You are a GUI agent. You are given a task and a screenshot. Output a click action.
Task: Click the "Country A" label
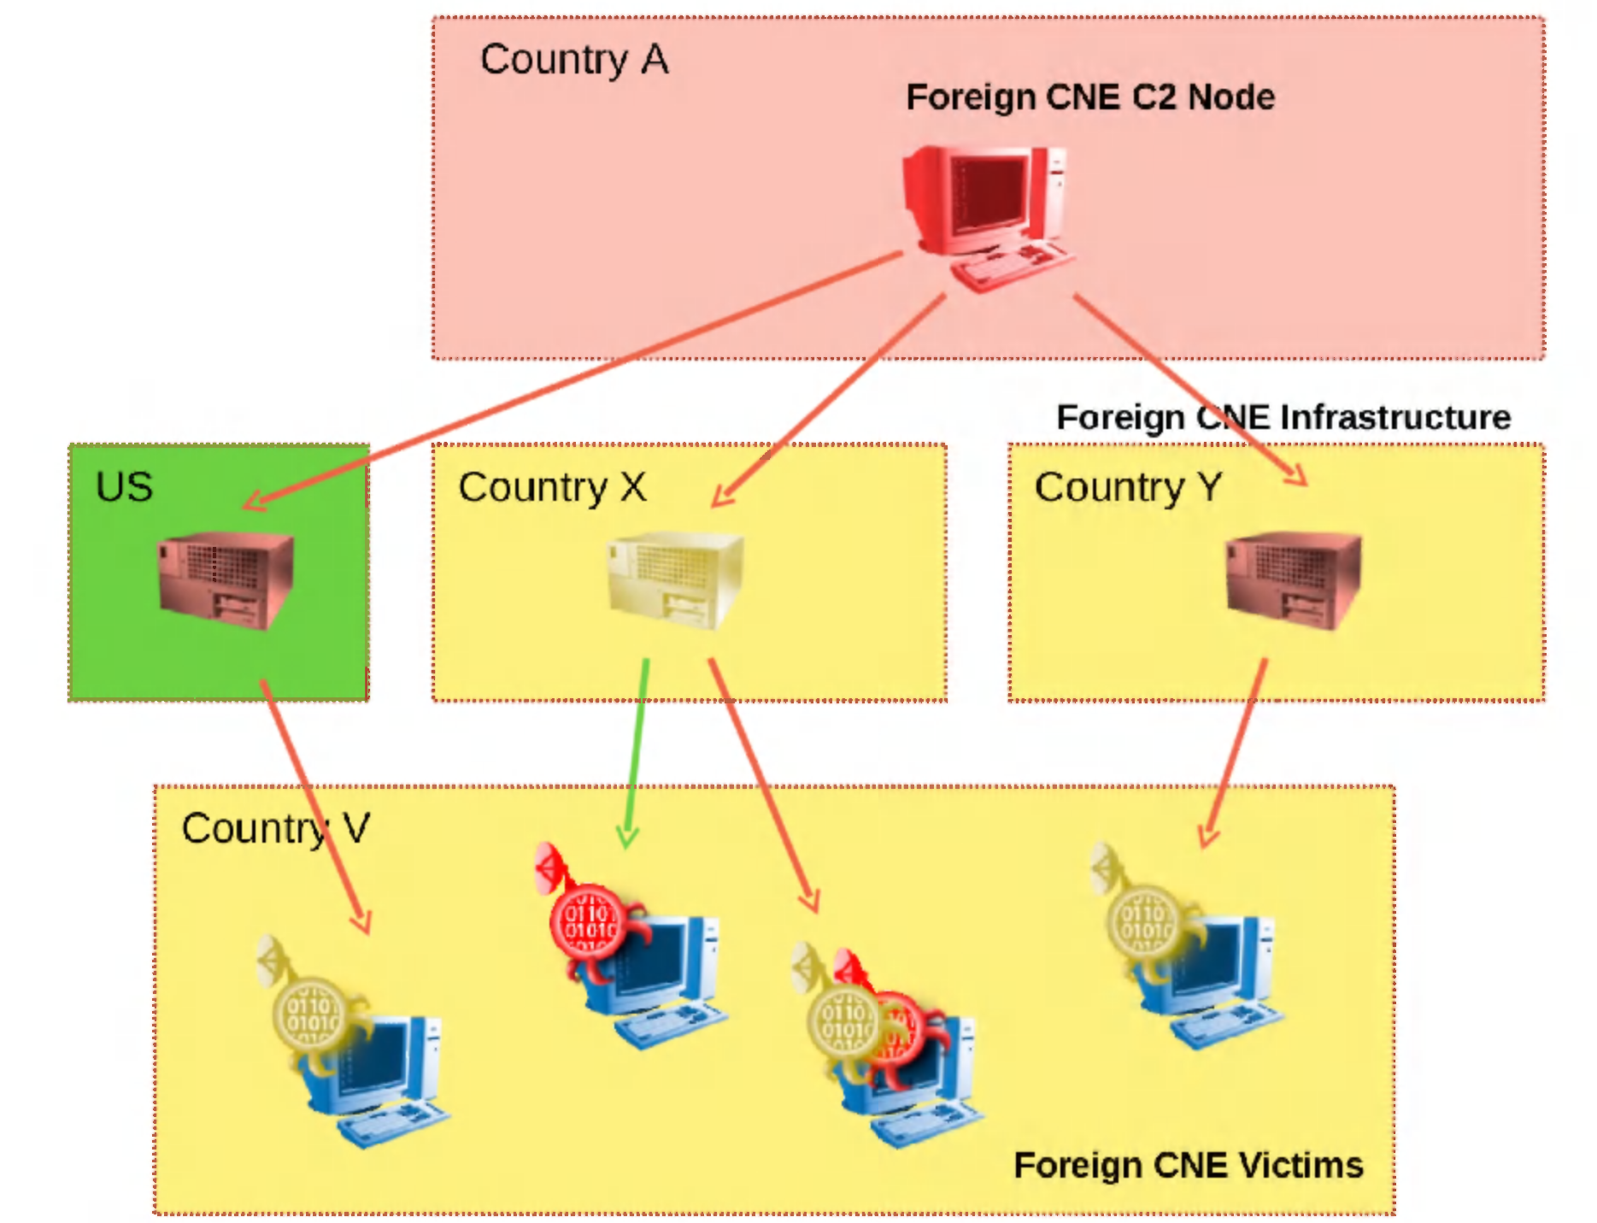(573, 61)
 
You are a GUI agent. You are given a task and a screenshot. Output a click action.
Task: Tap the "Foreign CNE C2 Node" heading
(1089, 97)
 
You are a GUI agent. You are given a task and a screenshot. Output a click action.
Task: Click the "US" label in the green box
(124, 487)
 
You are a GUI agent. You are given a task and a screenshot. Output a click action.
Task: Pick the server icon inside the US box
(226, 580)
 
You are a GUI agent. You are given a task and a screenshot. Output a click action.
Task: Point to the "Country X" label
(552, 488)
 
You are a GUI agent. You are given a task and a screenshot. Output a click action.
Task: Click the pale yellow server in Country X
(675, 580)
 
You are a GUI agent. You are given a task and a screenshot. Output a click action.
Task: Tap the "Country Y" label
(1128, 488)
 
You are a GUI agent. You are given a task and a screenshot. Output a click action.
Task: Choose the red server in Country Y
(1293, 580)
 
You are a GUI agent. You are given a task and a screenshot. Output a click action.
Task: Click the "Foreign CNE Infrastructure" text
(1283, 417)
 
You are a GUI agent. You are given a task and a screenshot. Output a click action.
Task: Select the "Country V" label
(275, 828)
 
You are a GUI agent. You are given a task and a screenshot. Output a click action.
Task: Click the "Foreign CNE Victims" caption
(1188, 1166)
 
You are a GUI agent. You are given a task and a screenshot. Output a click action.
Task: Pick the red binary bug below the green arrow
(588, 919)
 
